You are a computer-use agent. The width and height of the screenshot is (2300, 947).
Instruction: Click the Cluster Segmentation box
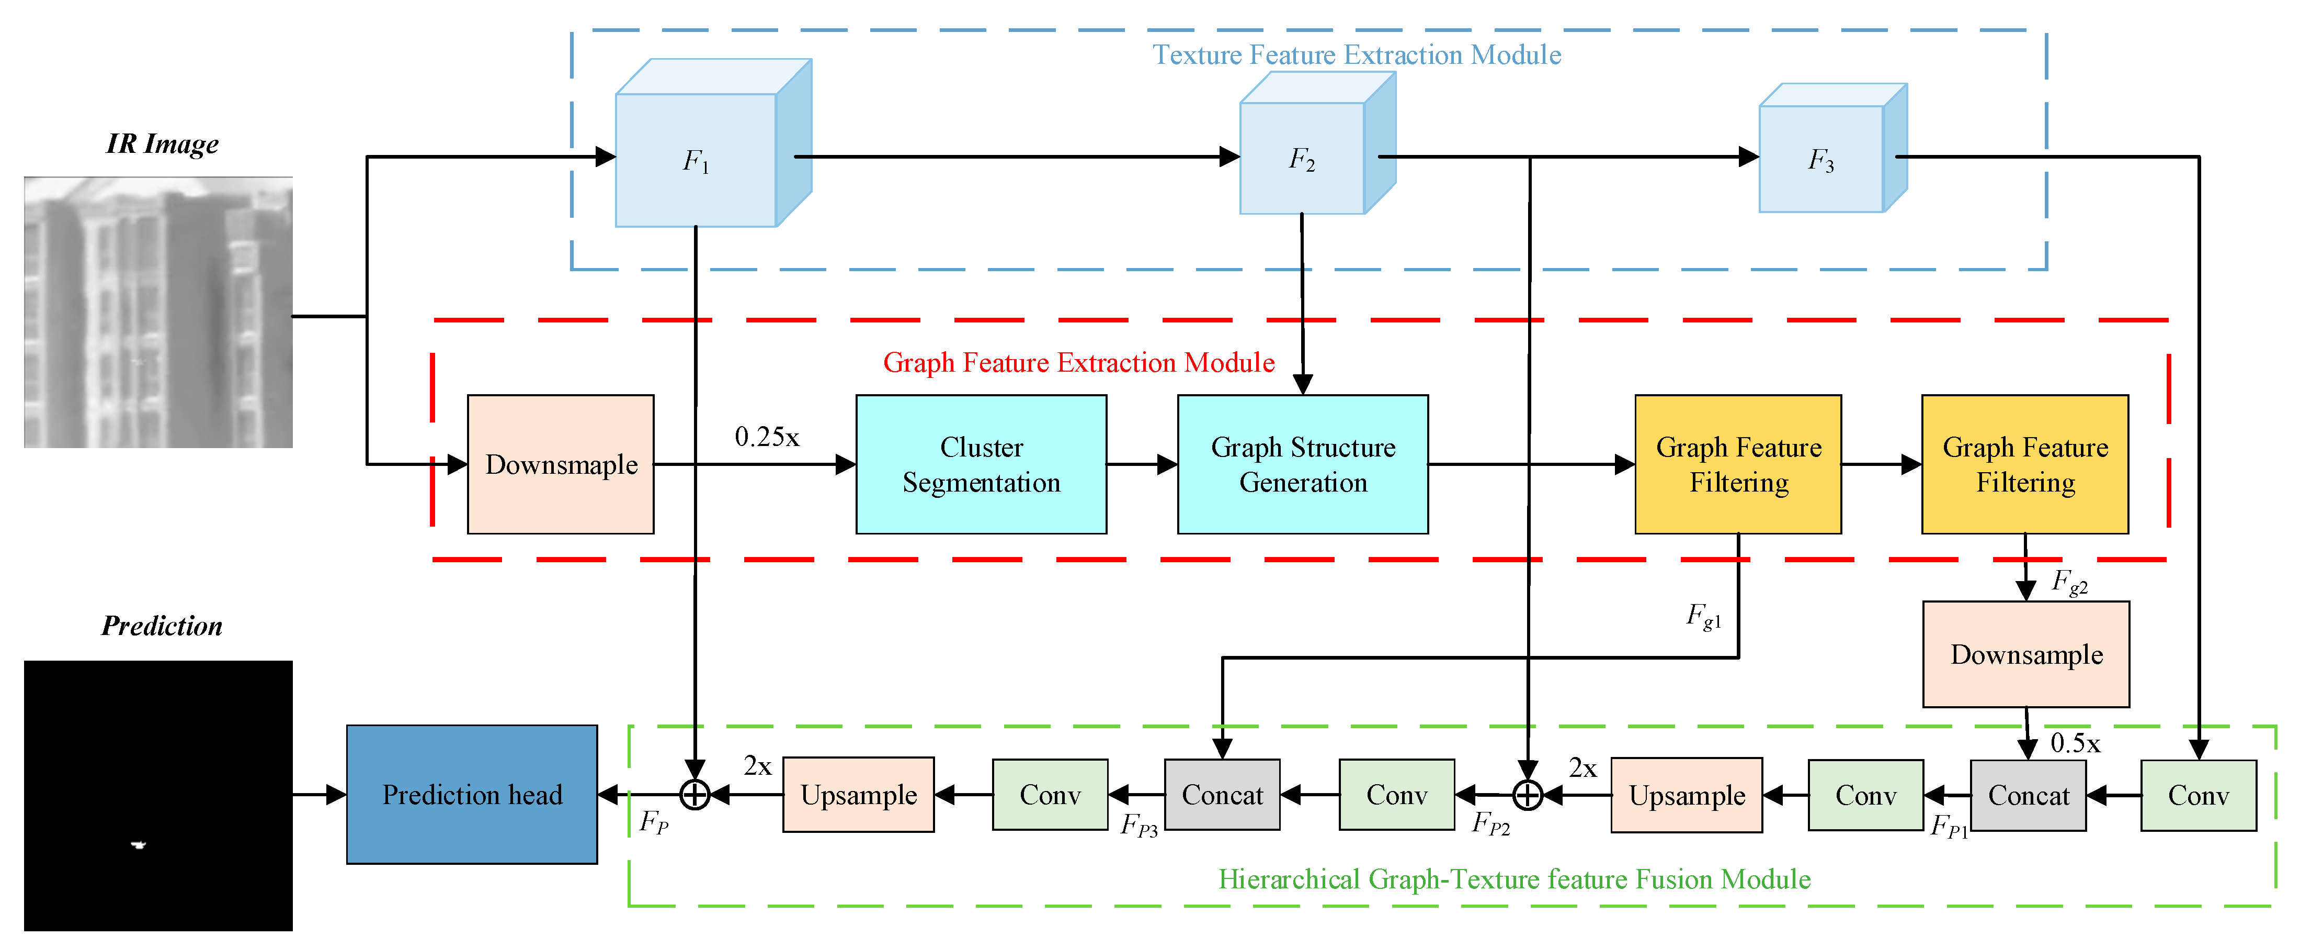981,464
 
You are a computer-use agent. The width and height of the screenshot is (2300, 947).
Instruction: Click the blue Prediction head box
471,794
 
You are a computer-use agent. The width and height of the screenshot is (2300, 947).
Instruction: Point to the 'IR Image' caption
162,144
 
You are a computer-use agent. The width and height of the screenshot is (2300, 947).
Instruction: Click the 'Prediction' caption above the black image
162,626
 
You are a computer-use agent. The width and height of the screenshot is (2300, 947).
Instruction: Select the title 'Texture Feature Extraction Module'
1356,55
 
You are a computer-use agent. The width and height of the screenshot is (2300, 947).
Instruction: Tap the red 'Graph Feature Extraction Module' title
1078,363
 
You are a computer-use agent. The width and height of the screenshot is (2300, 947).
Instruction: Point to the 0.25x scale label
766,437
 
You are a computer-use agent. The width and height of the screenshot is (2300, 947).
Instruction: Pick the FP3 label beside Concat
1138,825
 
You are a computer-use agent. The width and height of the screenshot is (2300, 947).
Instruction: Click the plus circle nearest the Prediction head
694,794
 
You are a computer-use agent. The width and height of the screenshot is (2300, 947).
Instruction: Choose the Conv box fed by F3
2197,795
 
